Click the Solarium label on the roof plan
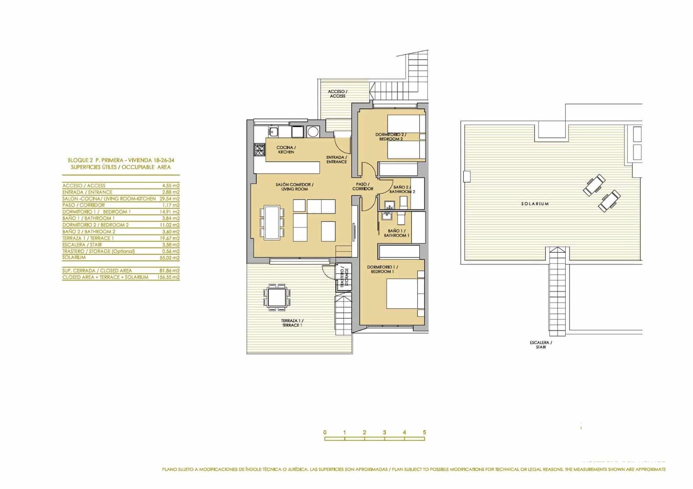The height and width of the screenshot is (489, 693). point(535,203)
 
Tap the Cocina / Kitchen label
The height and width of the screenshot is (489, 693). point(286,150)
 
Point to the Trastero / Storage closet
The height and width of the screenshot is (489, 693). point(344,277)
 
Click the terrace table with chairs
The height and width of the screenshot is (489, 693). point(277,297)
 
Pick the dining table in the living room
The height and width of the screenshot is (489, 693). point(272,222)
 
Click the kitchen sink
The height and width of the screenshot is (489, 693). point(274,131)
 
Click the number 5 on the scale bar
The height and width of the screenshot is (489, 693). point(424,432)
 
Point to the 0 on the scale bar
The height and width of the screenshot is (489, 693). point(325,432)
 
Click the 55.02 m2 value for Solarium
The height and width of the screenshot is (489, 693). point(169,258)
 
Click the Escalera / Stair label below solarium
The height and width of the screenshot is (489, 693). point(541,344)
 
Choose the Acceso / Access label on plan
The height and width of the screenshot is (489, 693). point(337,93)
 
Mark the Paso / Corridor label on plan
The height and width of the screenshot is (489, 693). point(363,187)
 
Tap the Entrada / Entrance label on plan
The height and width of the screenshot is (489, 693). point(337,159)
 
